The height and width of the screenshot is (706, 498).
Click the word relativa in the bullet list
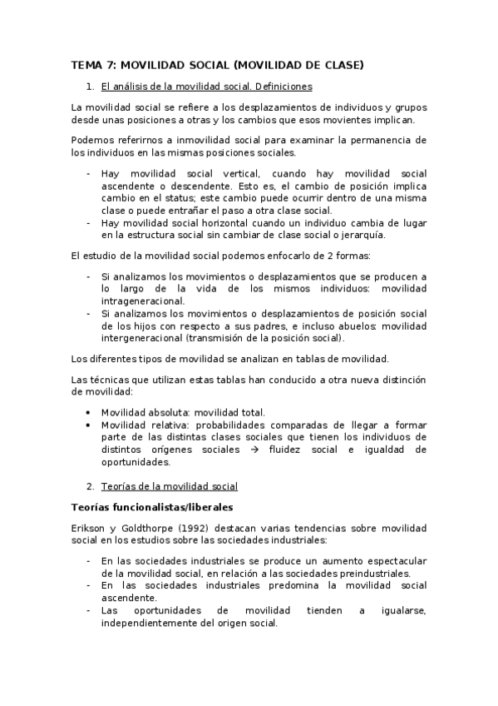170,425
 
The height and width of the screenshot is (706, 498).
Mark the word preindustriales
368,574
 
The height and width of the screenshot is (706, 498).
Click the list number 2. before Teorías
91,486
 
